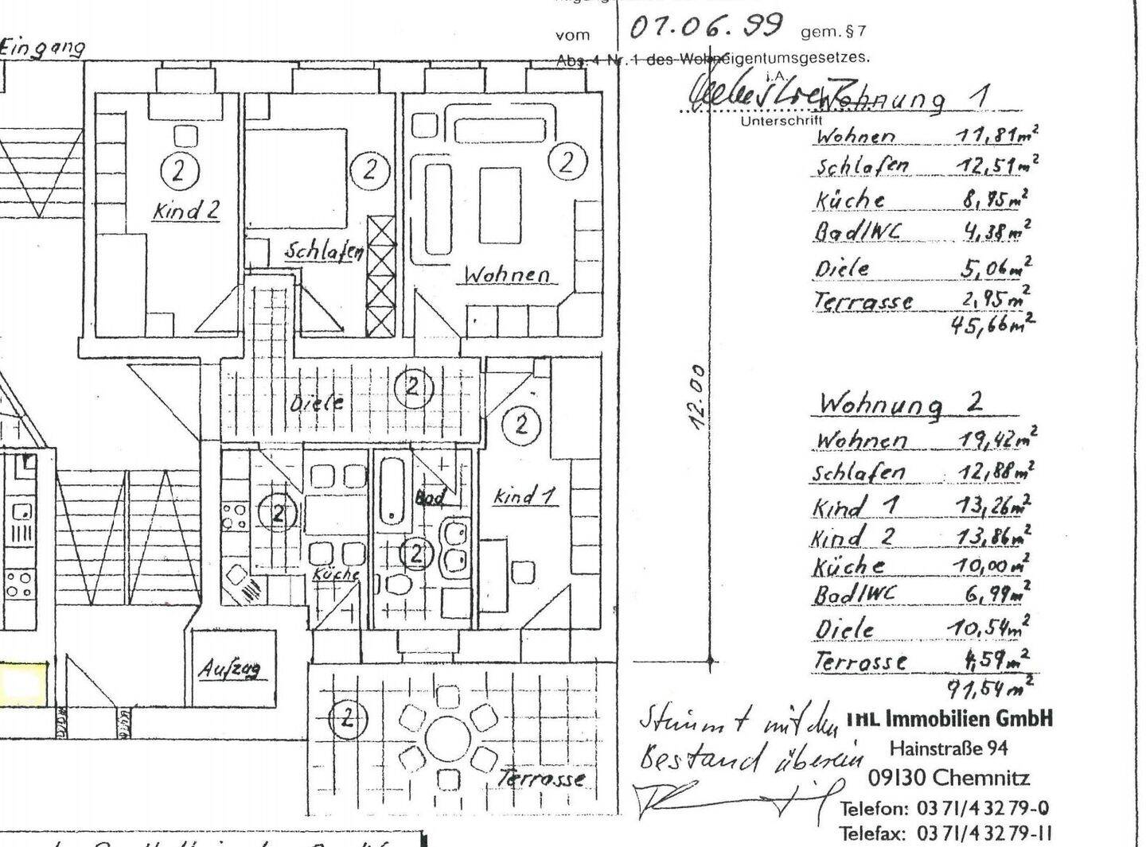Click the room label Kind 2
(x=185, y=212)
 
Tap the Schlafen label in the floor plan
(x=324, y=251)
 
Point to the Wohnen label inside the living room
(x=507, y=274)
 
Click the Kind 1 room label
(x=524, y=497)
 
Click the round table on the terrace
(x=449, y=738)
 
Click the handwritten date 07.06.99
(x=705, y=27)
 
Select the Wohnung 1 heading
(x=903, y=98)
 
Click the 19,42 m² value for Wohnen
(x=994, y=438)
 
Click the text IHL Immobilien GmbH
(x=949, y=719)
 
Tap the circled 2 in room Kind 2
(x=178, y=169)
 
